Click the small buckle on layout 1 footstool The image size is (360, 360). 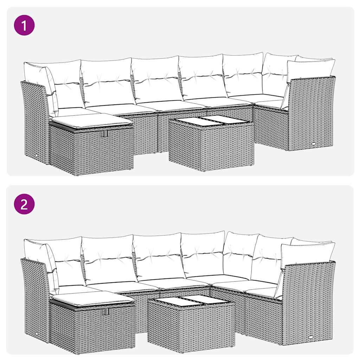coord(103,134)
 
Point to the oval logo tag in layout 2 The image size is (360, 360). coord(312,336)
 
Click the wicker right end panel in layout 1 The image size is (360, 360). coord(311,112)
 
